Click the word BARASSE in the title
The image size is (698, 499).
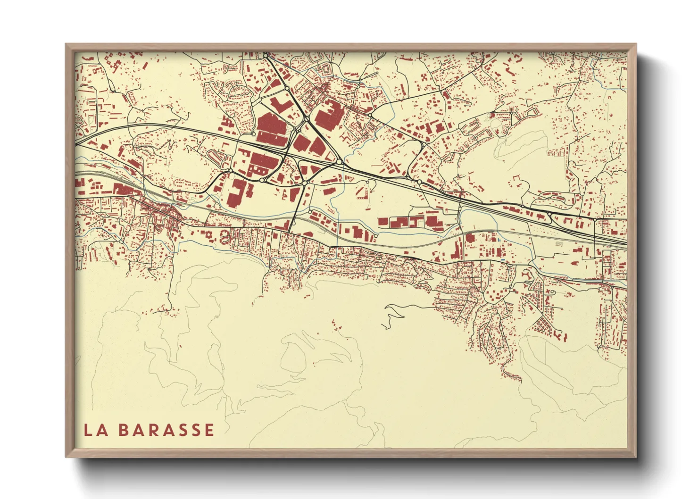pyautogui.click(x=166, y=430)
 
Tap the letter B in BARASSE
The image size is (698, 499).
pyautogui.click(x=123, y=430)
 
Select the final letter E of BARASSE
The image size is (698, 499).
pyautogui.click(x=208, y=430)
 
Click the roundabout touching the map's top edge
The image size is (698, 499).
pyautogui.click(x=266, y=55)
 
